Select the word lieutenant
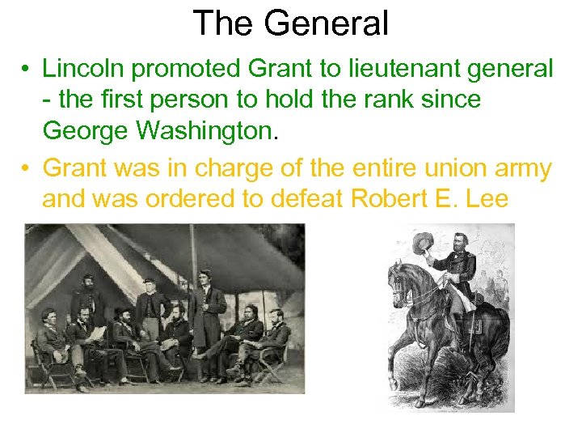[394, 69]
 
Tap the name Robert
[388, 198]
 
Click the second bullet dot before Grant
[27, 169]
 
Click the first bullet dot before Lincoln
[27, 70]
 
